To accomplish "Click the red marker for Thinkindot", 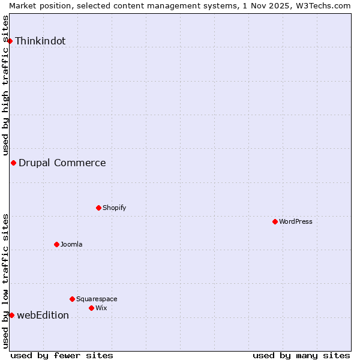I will pos(10,41).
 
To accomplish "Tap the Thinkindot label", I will pos(40,41).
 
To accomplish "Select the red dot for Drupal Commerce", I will pos(13,163).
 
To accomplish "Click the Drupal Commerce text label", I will pos(62,163).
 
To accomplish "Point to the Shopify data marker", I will pos(98,208).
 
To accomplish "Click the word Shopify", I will pos(114,208).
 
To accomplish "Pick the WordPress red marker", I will pos(275,221).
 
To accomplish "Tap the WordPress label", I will pos(296,221).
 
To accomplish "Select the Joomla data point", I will pos(56,244).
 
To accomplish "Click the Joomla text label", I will pos(71,244).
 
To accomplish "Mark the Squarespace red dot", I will pos(72,299).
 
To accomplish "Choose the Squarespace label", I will pos(97,299).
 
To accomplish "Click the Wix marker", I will pos(91,308).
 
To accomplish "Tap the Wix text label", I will pos(101,308).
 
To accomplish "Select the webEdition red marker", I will pos(11,315).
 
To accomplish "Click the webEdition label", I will pos(43,316).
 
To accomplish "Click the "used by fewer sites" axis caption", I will pos(62,355).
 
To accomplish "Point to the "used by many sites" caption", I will pos(301,355).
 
